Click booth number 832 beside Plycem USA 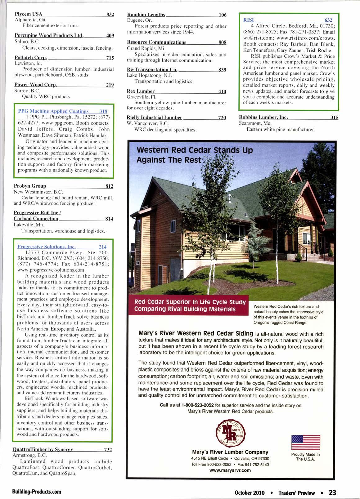[x=110, y=14]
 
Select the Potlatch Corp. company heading [x=31, y=58]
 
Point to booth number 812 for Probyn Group [x=109, y=186]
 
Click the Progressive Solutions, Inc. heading [x=47, y=247]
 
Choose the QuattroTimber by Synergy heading [x=43, y=449]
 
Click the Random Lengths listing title [x=146, y=15]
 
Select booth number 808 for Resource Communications [x=222, y=42]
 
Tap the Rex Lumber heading [x=141, y=91]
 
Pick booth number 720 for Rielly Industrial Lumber [x=222, y=118]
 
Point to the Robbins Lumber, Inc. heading [x=263, y=117]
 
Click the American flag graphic [x=306, y=442]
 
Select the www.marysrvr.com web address [x=230, y=470]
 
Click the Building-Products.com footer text [x=37, y=492]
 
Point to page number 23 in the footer [x=332, y=492]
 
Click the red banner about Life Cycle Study [x=190, y=305]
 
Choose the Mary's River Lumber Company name [x=230, y=452]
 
